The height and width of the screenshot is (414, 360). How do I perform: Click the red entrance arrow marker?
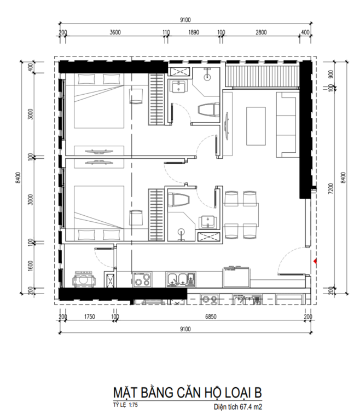tap(315, 261)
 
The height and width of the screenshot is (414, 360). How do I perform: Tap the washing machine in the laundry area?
tap(84, 279)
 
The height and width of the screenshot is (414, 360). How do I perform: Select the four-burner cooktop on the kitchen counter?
tap(142, 280)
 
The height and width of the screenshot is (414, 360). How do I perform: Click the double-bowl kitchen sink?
tap(181, 280)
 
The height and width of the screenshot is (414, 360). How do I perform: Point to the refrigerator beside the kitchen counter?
tap(236, 277)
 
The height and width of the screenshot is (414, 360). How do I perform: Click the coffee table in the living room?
tap(256, 126)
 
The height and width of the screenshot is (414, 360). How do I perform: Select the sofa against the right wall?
tap(286, 125)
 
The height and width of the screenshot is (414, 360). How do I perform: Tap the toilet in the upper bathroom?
tap(208, 110)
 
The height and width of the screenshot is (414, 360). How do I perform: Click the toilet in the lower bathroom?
tap(178, 200)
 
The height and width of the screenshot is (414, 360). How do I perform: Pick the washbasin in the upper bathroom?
tap(179, 86)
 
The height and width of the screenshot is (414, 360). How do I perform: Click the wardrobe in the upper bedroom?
tap(156, 99)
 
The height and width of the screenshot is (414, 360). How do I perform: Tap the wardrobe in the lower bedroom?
tap(156, 215)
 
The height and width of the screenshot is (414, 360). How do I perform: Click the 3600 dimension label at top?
tap(115, 32)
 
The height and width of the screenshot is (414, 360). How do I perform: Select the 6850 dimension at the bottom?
tap(211, 317)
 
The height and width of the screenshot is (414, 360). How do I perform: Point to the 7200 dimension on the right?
tap(331, 189)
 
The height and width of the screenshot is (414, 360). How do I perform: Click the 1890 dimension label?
tap(194, 32)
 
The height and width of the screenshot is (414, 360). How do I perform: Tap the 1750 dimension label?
tap(89, 317)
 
